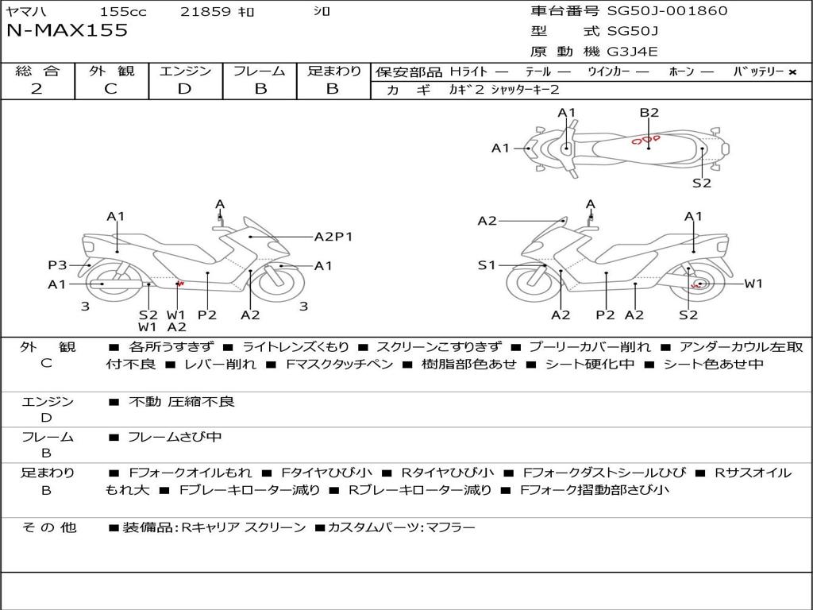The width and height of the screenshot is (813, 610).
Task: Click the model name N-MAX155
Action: pos(67,31)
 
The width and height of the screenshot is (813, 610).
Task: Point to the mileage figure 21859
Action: pos(206,12)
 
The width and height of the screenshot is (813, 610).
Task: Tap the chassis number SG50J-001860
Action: pos(667,11)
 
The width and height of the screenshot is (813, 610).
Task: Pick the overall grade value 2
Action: pos(37,89)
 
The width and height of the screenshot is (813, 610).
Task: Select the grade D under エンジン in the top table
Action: pos(184,89)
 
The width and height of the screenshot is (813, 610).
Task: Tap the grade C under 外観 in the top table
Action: pos(110,89)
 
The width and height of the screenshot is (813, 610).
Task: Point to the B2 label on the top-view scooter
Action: pos(649,113)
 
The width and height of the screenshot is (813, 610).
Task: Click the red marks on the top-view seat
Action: pos(645,141)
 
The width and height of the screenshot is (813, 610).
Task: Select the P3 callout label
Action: pos(57,266)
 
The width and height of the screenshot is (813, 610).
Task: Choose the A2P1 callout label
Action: pos(333,237)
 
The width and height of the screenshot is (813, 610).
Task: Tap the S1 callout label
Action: pos(487,265)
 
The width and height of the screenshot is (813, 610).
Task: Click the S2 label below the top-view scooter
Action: pos(701,183)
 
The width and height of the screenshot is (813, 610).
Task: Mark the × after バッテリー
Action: pos(792,72)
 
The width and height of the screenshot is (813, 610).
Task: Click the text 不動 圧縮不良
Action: pos(182,402)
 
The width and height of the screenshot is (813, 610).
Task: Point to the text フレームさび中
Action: pos(175,437)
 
